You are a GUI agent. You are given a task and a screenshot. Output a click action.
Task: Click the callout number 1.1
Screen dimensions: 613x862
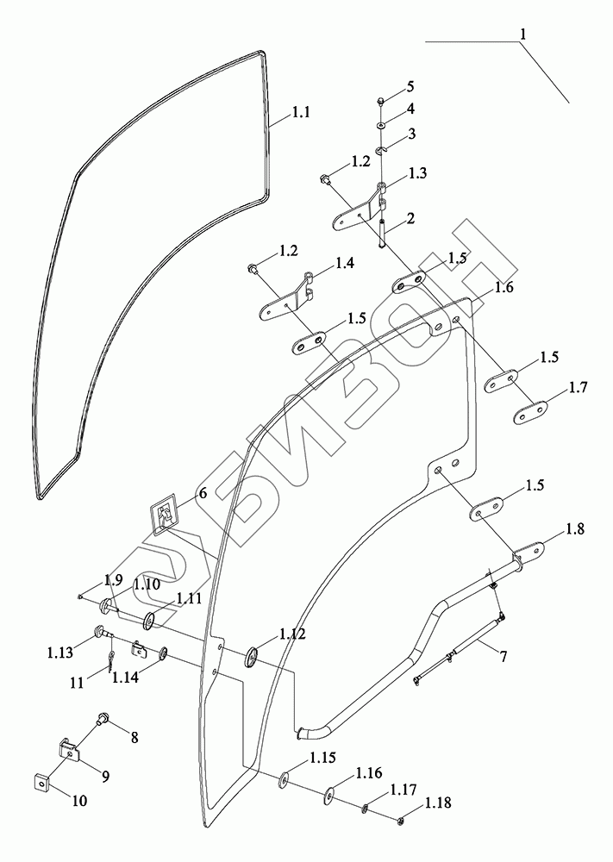[300, 112]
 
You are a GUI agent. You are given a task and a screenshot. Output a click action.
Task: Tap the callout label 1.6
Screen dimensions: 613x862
[504, 288]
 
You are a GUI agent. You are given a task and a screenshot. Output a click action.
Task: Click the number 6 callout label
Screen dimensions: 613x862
[203, 493]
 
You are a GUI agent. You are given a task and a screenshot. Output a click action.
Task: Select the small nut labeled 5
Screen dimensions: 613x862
[381, 102]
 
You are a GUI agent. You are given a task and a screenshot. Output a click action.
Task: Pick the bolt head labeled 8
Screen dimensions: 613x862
[103, 717]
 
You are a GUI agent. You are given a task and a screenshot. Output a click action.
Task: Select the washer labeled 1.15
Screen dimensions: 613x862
[284, 782]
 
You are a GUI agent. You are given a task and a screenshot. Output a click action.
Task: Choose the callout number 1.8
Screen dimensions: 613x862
[575, 529]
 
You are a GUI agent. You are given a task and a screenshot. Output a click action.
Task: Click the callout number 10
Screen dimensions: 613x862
[78, 801]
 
